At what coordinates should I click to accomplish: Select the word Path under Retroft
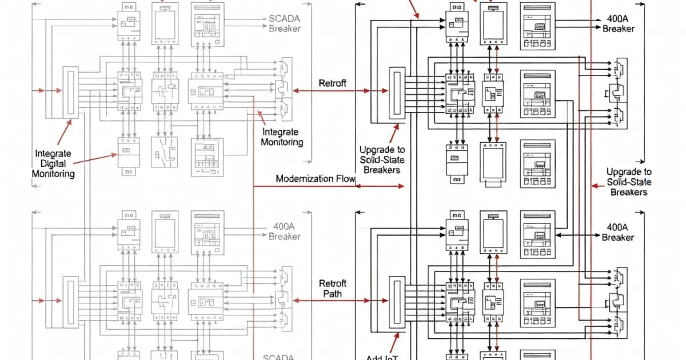point(332,294)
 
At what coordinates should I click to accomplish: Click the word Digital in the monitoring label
point(53,163)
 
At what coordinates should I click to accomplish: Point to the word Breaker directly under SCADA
point(284,28)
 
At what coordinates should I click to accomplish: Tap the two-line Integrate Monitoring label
point(282,137)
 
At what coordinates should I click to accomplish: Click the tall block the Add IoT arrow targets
point(396,303)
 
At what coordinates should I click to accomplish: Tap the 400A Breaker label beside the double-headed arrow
point(618,232)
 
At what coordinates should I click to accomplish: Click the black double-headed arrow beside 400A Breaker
point(577,235)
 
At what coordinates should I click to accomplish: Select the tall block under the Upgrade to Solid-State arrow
point(396,93)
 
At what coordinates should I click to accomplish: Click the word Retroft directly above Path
point(332,283)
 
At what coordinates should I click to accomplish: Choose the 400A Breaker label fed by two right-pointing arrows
point(618,23)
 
